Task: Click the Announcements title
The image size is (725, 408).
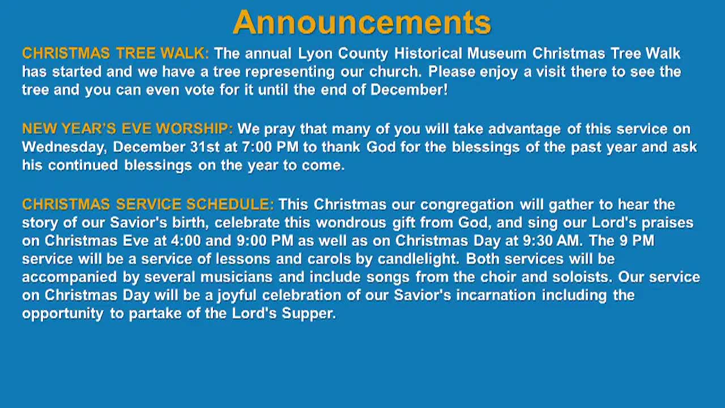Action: tap(361, 23)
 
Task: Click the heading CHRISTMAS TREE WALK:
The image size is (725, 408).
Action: tap(116, 53)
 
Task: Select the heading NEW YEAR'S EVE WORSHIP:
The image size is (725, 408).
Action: tap(127, 129)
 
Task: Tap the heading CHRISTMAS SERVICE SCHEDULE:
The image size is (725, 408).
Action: tap(148, 204)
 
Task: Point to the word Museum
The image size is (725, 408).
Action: tap(497, 53)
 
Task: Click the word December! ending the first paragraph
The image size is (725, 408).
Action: tap(409, 90)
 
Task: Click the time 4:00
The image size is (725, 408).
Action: tap(185, 240)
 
